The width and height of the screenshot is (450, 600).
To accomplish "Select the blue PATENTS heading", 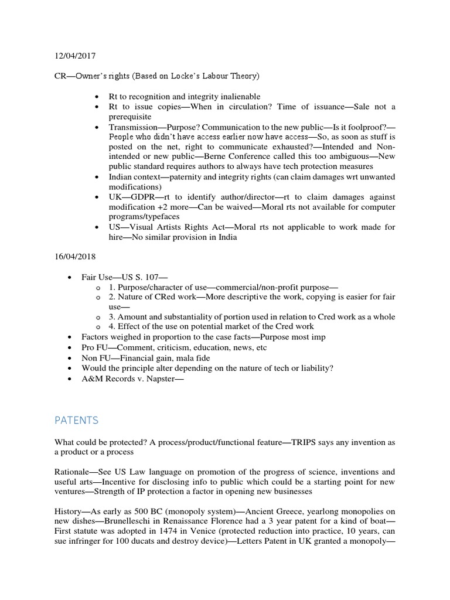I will click(77, 421).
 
